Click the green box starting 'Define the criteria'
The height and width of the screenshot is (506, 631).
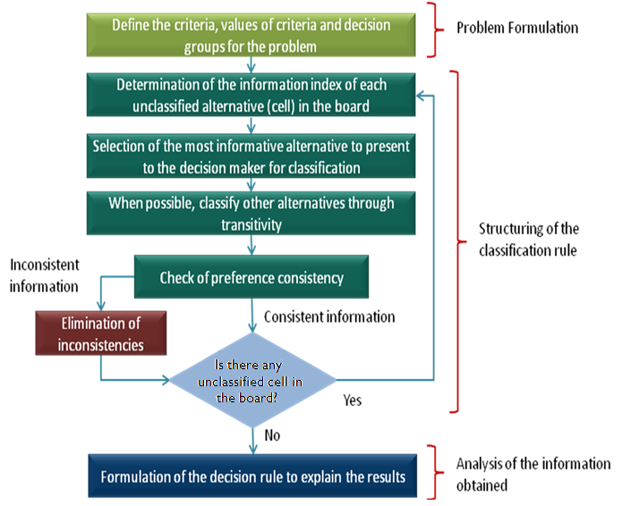[251, 35]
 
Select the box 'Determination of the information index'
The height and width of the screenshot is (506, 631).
[251, 96]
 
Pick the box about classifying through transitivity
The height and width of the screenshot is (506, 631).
[251, 213]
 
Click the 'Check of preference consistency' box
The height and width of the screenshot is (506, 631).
[251, 277]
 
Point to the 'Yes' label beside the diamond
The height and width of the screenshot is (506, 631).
[353, 400]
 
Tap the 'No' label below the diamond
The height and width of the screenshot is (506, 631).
[272, 436]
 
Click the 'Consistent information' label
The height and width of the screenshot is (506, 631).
[329, 316]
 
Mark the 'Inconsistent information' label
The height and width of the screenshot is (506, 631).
[45, 274]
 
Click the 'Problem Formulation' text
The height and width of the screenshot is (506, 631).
[517, 27]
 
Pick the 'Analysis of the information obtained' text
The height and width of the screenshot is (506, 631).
[533, 474]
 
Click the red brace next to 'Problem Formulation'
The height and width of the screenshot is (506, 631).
[436, 27]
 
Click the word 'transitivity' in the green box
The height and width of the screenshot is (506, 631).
[251, 223]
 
